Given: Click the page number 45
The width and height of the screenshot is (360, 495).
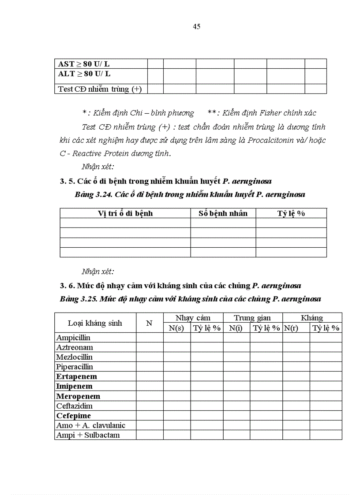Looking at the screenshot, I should (x=197, y=26).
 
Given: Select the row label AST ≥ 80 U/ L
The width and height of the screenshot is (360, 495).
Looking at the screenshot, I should (x=84, y=64).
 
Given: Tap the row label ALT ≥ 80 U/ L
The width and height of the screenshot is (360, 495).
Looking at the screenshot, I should (x=84, y=74).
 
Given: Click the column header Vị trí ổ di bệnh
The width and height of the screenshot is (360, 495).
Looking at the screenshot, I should (x=125, y=213).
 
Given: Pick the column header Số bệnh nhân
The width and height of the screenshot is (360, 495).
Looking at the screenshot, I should (x=223, y=213).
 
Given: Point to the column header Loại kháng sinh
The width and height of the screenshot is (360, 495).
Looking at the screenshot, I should (x=95, y=323).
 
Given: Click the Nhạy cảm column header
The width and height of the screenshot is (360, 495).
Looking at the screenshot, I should (x=193, y=318).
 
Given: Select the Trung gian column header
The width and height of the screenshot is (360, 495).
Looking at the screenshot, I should (x=252, y=318).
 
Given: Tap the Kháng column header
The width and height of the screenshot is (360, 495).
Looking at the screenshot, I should (x=312, y=318).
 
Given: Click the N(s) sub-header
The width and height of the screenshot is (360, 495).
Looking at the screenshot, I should (x=176, y=328).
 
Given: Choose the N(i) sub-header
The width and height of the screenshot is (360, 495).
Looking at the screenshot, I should (x=236, y=328).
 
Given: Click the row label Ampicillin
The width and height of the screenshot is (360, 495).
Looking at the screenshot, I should (x=73, y=338).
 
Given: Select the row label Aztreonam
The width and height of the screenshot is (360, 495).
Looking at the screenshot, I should (x=74, y=347).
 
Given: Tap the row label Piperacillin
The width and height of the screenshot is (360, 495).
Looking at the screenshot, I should (x=75, y=367).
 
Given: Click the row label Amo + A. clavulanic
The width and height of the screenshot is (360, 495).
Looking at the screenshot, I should (x=91, y=425).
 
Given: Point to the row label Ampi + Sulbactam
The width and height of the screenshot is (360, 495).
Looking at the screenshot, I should (x=88, y=435).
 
